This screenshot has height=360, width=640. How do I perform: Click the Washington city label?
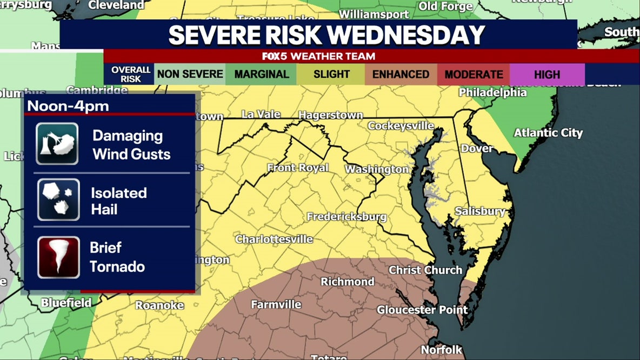click(377, 170)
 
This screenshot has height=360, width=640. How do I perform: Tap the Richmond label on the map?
click(347, 282)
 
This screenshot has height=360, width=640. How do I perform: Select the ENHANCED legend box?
click(401, 75)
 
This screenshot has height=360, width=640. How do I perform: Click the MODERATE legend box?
click(474, 75)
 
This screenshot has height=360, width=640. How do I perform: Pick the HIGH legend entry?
click(547, 75)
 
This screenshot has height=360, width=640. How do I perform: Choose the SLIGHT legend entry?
click(331, 74)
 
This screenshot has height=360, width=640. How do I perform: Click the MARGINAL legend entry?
click(261, 74)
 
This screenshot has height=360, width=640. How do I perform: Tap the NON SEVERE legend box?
click(190, 74)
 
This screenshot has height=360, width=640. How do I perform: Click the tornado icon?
click(58, 257)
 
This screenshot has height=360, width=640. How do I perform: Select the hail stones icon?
click(58, 199)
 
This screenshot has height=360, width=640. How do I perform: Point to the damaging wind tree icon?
click(57, 144)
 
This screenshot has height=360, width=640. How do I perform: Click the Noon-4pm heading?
click(68, 106)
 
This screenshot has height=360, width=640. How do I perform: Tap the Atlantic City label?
click(548, 133)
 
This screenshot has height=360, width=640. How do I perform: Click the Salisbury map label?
click(480, 211)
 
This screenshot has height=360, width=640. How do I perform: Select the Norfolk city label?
click(442, 350)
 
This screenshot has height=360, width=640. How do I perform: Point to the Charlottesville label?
click(274, 239)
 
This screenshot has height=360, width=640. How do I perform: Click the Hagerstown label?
click(330, 115)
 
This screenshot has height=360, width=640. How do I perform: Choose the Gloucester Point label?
click(422, 310)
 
